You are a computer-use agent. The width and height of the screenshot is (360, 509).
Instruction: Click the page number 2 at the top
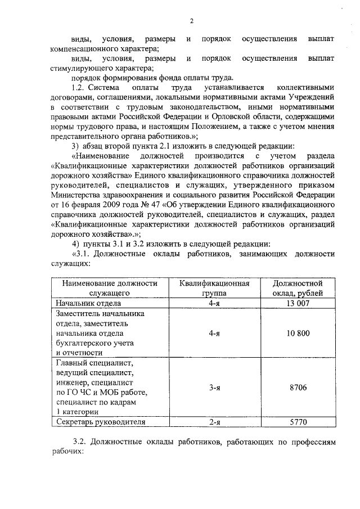point(191,21)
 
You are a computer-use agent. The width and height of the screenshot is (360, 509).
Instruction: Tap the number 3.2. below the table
point(82,443)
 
